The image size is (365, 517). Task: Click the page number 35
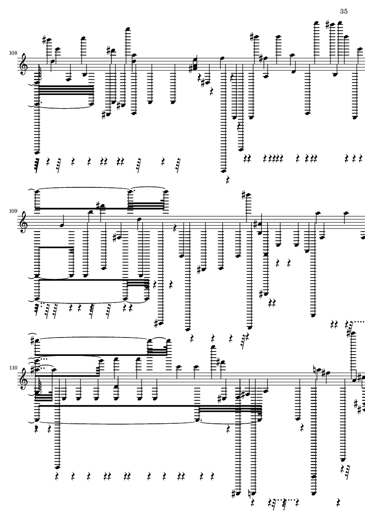click(x=344, y=11)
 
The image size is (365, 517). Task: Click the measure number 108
click(x=13, y=53)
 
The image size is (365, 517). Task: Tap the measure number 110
click(x=13, y=368)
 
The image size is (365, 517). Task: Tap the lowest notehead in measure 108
click(x=224, y=171)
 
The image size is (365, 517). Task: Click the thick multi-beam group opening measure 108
click(x=66, y=90)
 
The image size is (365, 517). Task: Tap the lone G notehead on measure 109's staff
click(x=62, y=225)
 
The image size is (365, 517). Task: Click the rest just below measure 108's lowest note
click(x=228, y=180)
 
